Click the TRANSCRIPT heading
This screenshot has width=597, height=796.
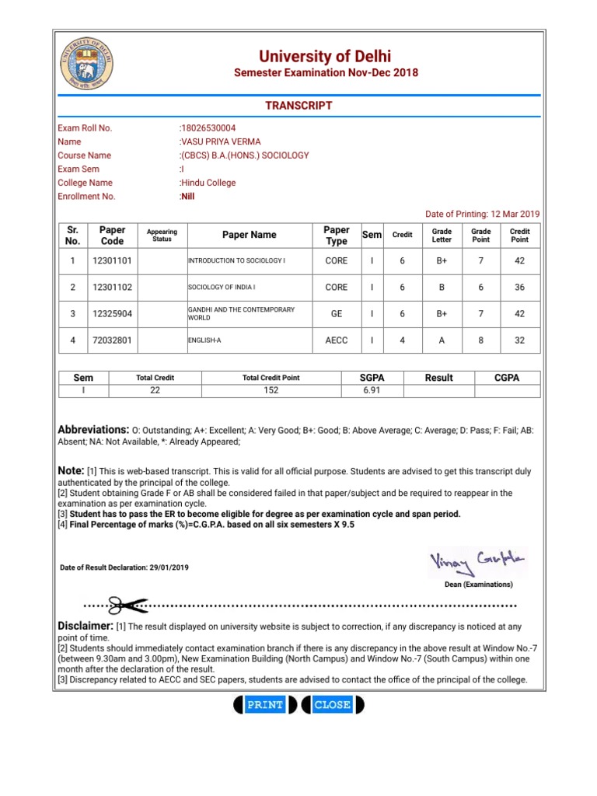(298, 106)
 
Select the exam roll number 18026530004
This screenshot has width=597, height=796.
(208, 128)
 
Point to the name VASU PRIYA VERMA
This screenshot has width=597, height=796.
(220, 141)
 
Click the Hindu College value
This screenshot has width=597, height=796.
(208, 183)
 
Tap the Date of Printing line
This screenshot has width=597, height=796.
(482, 214)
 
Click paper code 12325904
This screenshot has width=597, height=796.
(112, 314)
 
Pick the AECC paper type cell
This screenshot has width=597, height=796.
(337, 340)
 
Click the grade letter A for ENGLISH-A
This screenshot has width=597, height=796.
(442, 340)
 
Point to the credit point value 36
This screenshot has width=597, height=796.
(519, 288)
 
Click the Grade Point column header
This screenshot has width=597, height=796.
(480, 235)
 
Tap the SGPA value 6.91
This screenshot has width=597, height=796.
(372, 391)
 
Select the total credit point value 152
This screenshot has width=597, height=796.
(271, 391)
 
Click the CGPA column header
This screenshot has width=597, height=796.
(507, 378)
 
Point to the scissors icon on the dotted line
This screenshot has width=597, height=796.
(122, 605)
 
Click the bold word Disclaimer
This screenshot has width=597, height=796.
(86, 626)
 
